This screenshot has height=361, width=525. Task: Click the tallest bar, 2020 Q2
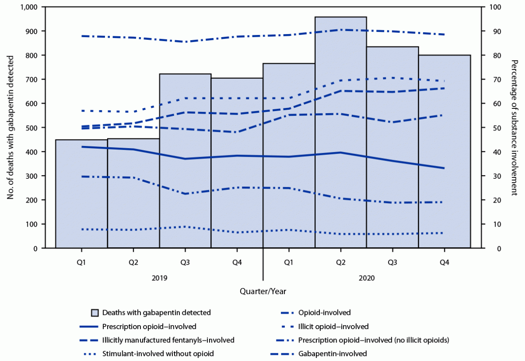[x=341, y=133]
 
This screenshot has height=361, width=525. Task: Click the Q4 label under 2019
[x=237, y=263]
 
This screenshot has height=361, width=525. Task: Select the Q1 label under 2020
[x=289, y=263]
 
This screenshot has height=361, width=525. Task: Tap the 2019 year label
[x=159, y=278]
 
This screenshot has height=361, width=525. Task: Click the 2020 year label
[x=366, y=278]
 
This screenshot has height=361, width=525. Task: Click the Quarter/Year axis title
[x=263, y=291]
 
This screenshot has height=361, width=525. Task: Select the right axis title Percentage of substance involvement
[x=514, y=127]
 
